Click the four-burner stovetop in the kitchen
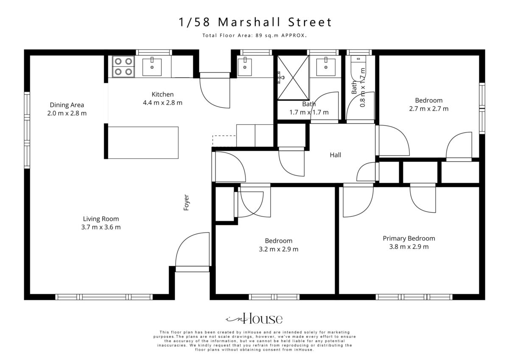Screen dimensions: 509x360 [123, 66]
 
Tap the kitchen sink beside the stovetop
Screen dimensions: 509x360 [152, 67]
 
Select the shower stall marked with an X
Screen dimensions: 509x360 [293, 78]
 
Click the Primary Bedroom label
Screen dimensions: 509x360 [409, 238]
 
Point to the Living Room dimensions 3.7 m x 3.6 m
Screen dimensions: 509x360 [101, 227]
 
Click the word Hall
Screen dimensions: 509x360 [336, 155]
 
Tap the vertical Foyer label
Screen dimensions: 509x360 [186, 202]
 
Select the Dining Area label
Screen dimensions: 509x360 [67, 105]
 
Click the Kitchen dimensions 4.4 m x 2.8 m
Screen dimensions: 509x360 [162, 103]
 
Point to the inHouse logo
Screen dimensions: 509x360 [254, 318]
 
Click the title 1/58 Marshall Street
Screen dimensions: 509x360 [255, 22]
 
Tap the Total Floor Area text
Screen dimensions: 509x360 [255, 36]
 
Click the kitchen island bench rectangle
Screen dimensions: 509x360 [143, 143]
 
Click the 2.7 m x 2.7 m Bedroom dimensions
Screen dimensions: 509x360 [429, 109]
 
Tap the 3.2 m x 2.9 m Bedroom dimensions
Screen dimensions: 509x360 [278, 249]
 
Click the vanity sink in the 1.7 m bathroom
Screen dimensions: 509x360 [326, 67]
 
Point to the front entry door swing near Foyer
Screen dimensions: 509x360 [192, 249]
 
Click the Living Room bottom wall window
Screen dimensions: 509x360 [104, 297]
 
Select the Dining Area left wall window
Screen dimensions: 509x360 [27, 130]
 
